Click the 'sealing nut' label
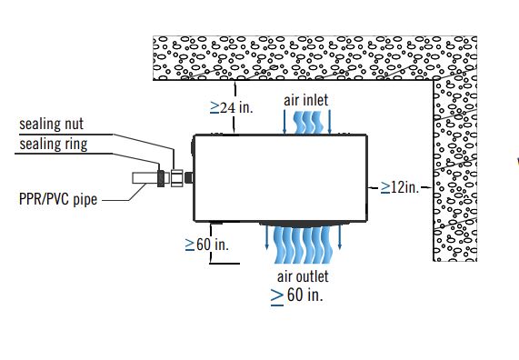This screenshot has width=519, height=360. tap(51, 125)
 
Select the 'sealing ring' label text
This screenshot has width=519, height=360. tap(54, 145)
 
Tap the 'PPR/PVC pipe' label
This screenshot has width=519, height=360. tap(58, 199)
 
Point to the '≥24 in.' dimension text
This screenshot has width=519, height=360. tap(232, 107)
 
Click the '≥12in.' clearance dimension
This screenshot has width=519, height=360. tap(400, 187)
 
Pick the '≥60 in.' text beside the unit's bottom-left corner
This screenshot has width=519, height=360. tap(207, 245)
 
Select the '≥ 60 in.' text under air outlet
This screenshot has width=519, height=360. tap(297, 295)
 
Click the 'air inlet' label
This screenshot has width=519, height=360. tap(305, 100)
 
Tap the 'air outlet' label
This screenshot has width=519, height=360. tap(303, 276)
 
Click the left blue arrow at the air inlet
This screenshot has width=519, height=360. tap(284, 122)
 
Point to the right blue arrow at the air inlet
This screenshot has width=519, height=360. tap(329, 122)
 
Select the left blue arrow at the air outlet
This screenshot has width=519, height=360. tap(267, 237)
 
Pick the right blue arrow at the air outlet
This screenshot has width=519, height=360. tap(340, 237)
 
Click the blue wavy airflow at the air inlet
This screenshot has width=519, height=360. tap(307, 123)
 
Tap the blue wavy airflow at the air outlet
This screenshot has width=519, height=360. tap(304, 245)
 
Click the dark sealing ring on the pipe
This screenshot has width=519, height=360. tap(161, 178)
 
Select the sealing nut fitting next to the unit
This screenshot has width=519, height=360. tap(176, 178)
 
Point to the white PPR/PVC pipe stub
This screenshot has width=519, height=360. tap(145, 178)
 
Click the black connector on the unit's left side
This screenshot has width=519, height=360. tap(189, 178)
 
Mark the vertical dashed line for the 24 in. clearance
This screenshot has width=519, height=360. tap(235, 107)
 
